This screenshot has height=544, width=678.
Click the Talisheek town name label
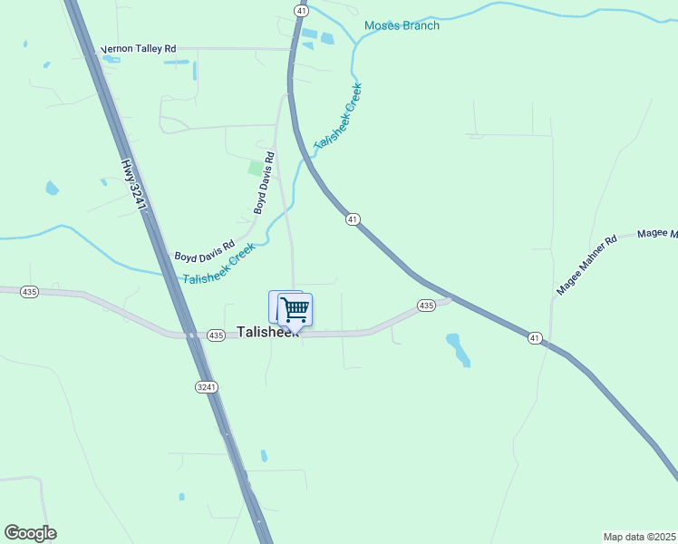[267, 332]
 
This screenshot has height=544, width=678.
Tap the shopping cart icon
[295, 310]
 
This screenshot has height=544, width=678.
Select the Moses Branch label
[402, 25]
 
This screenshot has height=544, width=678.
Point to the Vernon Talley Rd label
[138, 48]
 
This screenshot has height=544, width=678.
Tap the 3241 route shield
[206, 387]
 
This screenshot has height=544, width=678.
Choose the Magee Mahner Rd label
[586, 265]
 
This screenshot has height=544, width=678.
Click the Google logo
[30, 533]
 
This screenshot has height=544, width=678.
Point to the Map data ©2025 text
[639, 537]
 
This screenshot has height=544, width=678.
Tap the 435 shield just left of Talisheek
[215, 335]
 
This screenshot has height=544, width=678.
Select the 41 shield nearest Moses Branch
[301, 9]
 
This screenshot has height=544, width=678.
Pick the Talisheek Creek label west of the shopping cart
[218, 264]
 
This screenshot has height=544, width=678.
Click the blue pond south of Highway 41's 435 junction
[459, 349]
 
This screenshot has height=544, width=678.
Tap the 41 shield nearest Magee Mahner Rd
[535, 338]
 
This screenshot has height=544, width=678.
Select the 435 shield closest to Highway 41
[426, 306]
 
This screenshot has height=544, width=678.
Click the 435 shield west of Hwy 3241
[30, 291]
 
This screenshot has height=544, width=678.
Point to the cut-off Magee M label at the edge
[657, 234]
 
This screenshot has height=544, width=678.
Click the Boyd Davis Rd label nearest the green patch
[264, 182]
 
